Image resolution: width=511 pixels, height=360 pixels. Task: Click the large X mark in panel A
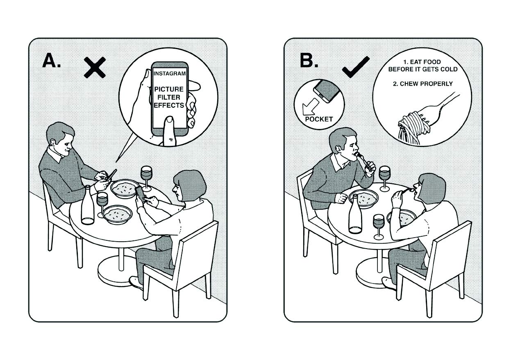(x=95, y=68)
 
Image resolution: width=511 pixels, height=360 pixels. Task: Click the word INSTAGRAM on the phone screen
(x=170, y=74)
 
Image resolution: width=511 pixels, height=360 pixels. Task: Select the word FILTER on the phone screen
(x=169, y=97)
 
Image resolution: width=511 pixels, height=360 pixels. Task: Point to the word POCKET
(x=319, y=119)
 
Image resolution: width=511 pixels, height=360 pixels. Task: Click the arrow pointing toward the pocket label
(x=311, y=106)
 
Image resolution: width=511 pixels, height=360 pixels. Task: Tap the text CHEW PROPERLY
(x=426, y=84)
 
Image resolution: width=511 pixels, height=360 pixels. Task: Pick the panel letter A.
(x=52, y=61)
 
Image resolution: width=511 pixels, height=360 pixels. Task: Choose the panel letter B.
(x=309, y=60)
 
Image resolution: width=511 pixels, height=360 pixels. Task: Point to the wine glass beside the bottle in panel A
(x=102, y=204)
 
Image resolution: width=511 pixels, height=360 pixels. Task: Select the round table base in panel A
(x=118, y=271)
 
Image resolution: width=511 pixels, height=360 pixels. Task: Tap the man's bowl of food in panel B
(x=363, y=198)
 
